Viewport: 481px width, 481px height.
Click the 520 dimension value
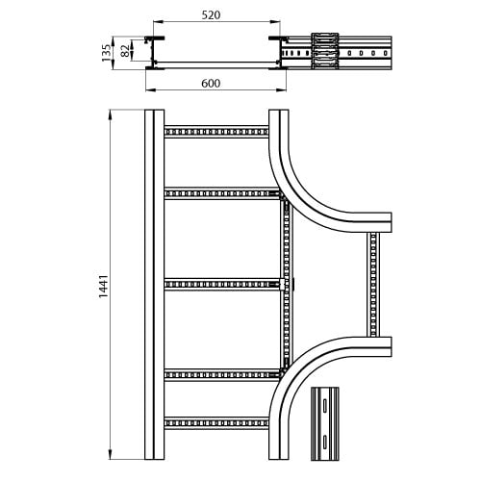tap(211, 14)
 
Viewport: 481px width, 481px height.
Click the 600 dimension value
tap(211, 84)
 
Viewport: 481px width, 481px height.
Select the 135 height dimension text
tap(106, 53)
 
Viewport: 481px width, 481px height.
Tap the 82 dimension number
tap(125, 51)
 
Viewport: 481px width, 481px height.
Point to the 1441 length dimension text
tap(104, 287)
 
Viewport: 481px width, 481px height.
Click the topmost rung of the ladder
tap(216, 132)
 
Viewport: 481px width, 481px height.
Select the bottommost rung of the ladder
tap(216, 423)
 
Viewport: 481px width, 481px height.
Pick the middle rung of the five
tap(222, 285)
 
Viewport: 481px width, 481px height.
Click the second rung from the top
tap(222, 193)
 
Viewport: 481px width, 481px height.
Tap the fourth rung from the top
tap(222, 375)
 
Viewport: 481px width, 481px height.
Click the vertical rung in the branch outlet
tap(373, 285)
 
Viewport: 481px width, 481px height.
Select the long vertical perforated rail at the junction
tap(287, 284)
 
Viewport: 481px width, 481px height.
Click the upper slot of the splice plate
tap(325, 406)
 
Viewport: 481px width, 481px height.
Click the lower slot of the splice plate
tap(325, 442)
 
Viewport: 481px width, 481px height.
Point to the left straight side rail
tap(154, 285)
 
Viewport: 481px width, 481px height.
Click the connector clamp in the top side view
tap(325, 51)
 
